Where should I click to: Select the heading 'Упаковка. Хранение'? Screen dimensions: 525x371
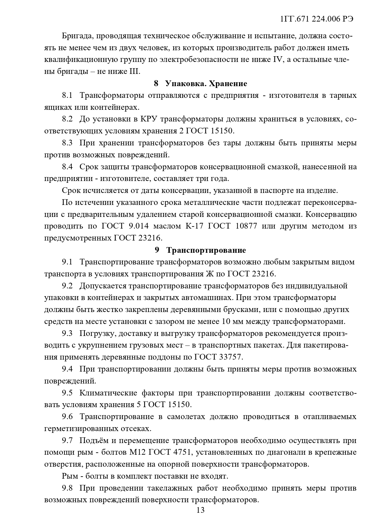coord(206,83)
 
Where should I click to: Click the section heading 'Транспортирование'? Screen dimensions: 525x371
coord(206,250)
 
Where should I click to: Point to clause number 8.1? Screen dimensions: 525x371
coord(67,95)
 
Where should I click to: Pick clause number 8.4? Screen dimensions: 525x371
coord(67,167)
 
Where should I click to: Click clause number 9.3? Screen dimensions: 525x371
coord(67,333)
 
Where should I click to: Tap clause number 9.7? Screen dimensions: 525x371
coord(67,440)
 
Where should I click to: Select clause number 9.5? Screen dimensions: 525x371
coord(67,393)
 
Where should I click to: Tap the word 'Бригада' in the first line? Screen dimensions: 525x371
coord(76,36)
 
